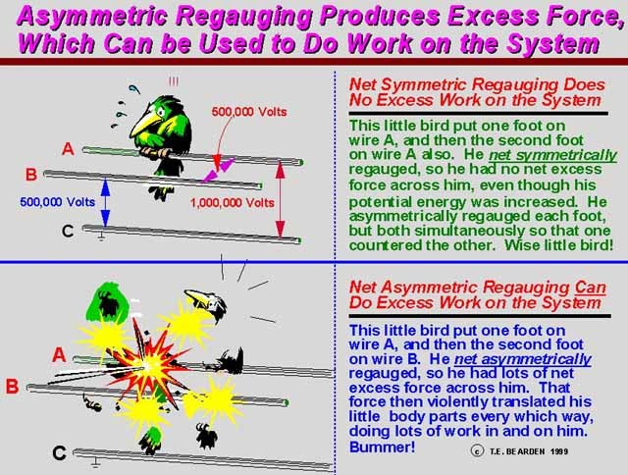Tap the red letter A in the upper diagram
click(68, 149)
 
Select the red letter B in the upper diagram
click(31, 175)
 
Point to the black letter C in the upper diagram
click(68, 231)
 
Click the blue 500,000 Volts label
click(57, 202)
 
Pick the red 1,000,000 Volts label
click(232, 202)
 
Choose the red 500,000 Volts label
click(249, 111)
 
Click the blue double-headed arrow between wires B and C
click(105, 202)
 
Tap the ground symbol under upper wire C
click(101, 237)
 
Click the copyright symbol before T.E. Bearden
click(477, 451)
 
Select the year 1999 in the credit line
click(558, 451)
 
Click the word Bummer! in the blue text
click(382, 447)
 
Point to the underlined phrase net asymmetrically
click(523, 359)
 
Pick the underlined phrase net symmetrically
click(552, 155)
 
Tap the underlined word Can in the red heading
click(590, 288)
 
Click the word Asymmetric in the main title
click(92, 17)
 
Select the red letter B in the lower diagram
click(12, 387)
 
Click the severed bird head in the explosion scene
click(207, 304)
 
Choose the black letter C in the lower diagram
click(59, 453)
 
